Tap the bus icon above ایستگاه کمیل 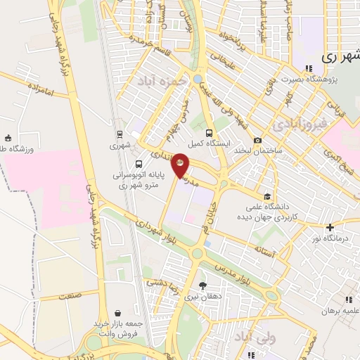coord(209,131)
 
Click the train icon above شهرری coord(119,134)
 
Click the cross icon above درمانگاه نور coord(330,226)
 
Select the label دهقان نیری coord(203,297)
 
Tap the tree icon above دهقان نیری coord(203,285)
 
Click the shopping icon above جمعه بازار coord(119,314)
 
